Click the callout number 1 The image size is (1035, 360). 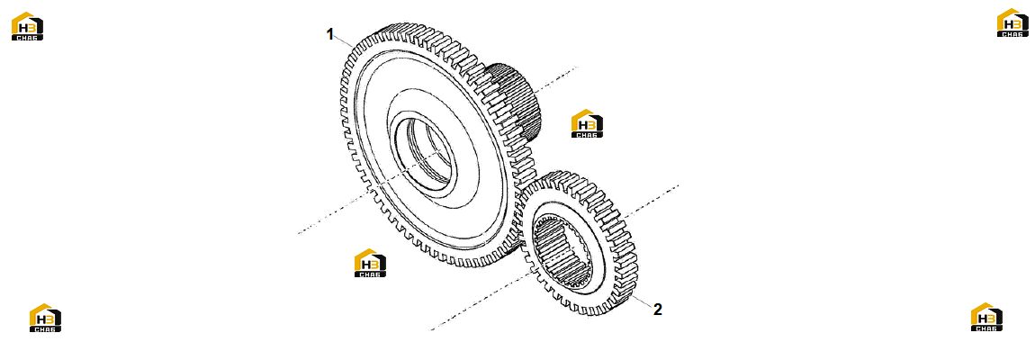click(x=330, y=34)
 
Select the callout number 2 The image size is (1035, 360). click(x=657, y=309)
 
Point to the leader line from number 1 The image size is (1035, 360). click(x=346, y=41)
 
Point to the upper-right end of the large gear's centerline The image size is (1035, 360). click(x=577, y=67)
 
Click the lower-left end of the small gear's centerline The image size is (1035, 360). click(x=431, y=329)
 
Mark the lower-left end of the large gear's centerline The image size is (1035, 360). click(x=298, y=233)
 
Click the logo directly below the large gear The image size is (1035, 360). click(x=370, y=263)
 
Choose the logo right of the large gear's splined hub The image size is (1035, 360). click(x=587, y=123)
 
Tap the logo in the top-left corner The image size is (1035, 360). click(x=27, y=26)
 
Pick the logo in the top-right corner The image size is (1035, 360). click(x=1012, y=22)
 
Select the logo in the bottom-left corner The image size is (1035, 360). click(x=46, y=318)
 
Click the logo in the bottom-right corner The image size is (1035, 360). click(x=986, y=317)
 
